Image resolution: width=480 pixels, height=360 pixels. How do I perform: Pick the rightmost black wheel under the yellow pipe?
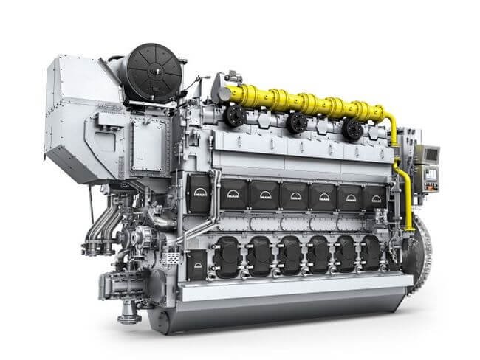click(x=352, y=128)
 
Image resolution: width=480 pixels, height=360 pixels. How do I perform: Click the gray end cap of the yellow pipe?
click(x=219, y=90)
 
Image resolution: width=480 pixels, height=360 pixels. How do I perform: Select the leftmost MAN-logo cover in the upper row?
click(x=199, y=188)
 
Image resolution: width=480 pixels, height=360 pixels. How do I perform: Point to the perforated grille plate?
click(x=171, y=258)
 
